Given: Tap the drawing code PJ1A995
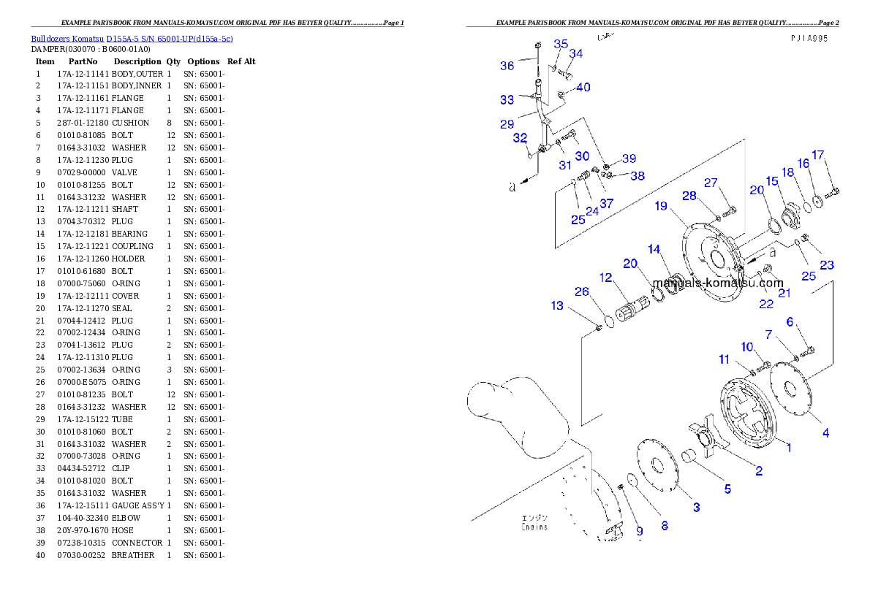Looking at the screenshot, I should [809, 39].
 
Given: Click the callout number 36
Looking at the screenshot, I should [507, 66].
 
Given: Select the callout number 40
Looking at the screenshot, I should [583, 88].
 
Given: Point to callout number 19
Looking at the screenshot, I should [661, 206].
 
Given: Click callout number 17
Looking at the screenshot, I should [818, 155].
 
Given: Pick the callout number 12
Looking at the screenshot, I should [605, 278].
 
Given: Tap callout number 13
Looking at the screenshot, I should [558, 305].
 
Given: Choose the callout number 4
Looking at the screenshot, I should [825, 432].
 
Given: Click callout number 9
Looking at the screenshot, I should [639, 531].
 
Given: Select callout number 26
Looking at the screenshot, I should [581, 291].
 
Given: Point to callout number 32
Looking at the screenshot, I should [520, 137].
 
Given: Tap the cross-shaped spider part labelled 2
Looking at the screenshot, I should [705, 439].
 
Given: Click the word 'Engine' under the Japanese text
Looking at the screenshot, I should [534, 527].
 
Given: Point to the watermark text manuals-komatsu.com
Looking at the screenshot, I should [717, 283].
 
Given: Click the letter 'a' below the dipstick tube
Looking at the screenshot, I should [512, 187].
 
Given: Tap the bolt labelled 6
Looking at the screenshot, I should [806, 351].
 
